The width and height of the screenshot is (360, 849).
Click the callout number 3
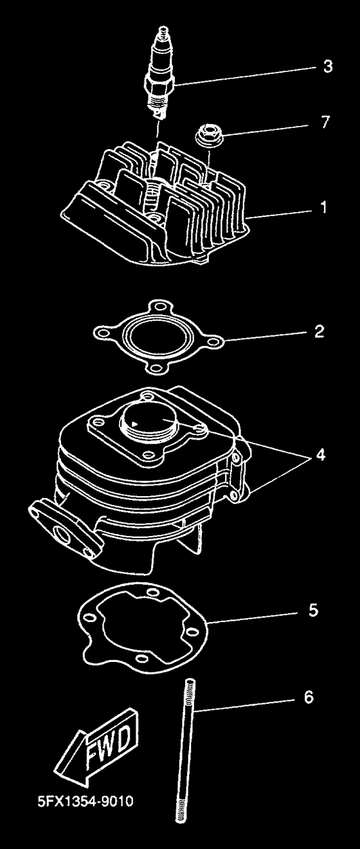pos(327,66)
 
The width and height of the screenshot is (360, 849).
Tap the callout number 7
pos(325,122)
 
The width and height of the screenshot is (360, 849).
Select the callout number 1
pos(323,208)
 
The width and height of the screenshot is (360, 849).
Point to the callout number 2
pos(319,331)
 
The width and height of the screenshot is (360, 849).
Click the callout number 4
pos(321,454)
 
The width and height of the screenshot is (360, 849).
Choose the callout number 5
pos(313,610)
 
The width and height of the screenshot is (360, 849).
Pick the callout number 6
pos(309,697)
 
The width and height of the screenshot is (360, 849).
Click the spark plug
pos(161,74)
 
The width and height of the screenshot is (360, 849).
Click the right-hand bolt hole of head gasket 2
pos(215,343)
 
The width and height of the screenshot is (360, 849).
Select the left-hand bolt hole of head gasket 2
pos(102,332)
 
